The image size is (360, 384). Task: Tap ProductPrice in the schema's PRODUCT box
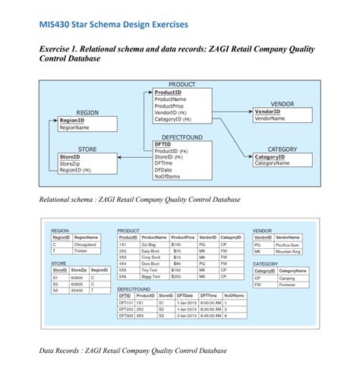pos(169,106)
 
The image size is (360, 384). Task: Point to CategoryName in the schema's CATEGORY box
pos(272,163)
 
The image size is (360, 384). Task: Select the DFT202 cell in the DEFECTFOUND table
pos(126,309)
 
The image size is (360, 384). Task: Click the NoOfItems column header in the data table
pos(234,295)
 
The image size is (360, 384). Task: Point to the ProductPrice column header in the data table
pos(183,238)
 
